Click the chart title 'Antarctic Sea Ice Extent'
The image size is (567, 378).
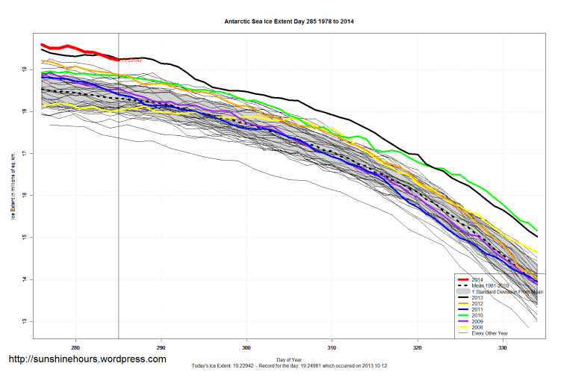pyautogui.click(x=289, y=22)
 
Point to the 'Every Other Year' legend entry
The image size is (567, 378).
pyautogui.click(x=489, y=333)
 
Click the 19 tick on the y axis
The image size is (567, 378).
pyautogui.click(x=25, y=69)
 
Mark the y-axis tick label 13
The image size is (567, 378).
pyautogui.click(x=25, y=321)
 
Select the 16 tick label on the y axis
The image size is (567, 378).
pyautogui.click(x=25, y=196)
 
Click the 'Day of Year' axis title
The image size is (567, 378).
pyautogui.click(x=289, y=359)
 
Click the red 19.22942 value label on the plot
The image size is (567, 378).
pyautogui.click(x=131, y=60)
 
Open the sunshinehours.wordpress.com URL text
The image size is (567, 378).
pyautogui.click(x=87, y=359)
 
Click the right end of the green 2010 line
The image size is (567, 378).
pyautogui.click(x=537, y=230)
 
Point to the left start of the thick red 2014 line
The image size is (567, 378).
pyautogui.click(x=42, y=45)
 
